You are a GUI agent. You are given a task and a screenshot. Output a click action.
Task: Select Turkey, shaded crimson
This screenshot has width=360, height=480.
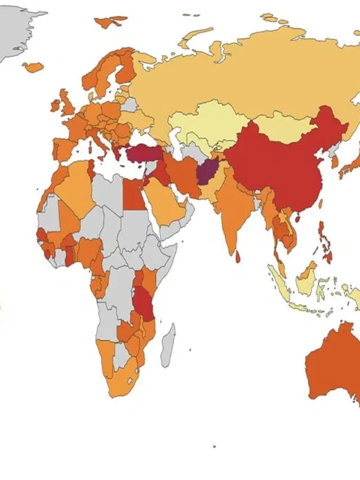click(143, 154)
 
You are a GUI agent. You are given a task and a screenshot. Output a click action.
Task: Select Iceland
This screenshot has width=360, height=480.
click(33, 67)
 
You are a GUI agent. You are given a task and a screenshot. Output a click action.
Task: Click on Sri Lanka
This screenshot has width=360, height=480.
click(238, 257)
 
